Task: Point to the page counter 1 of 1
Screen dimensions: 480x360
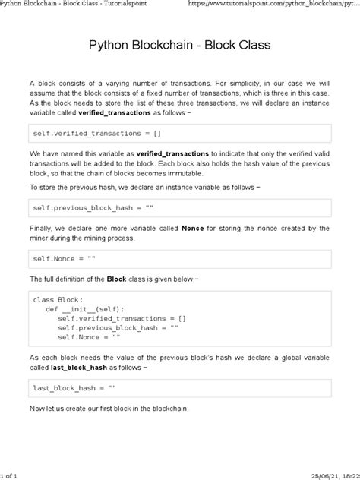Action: point(11,474)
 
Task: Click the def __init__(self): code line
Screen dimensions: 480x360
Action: point(86,309)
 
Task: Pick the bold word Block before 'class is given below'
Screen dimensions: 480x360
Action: point(117,279)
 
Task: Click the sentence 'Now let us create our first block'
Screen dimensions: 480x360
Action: point(109,409)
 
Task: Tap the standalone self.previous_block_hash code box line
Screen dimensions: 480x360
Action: point(94,207)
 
